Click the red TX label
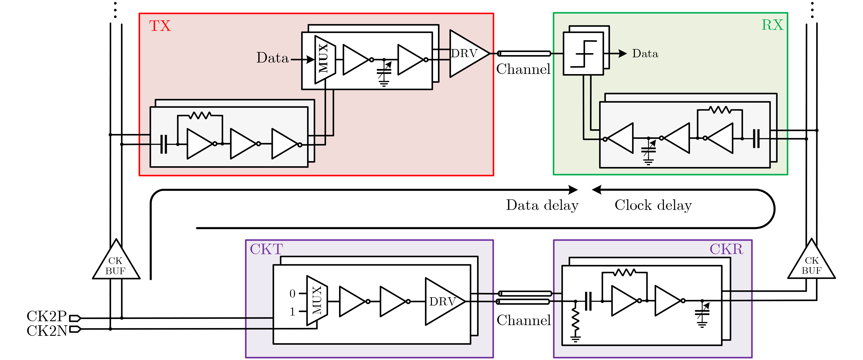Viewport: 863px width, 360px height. tap(160, 26)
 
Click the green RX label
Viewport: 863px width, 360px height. tap(772, 25)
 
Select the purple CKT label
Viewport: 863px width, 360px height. tap(266, 249)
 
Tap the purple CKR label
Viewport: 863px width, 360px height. tap(726, 249)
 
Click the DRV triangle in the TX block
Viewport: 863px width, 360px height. tap(467, 54)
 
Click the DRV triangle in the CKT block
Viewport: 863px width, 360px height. tap(444, 301)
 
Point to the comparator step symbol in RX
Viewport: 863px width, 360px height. tap(584, 54)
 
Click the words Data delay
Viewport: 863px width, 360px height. tap(542, 205)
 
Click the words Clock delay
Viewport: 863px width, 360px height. tap(653, 205)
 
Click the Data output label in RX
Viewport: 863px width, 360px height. tap(645, 54)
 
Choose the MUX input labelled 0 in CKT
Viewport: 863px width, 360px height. tap(292, 294)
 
